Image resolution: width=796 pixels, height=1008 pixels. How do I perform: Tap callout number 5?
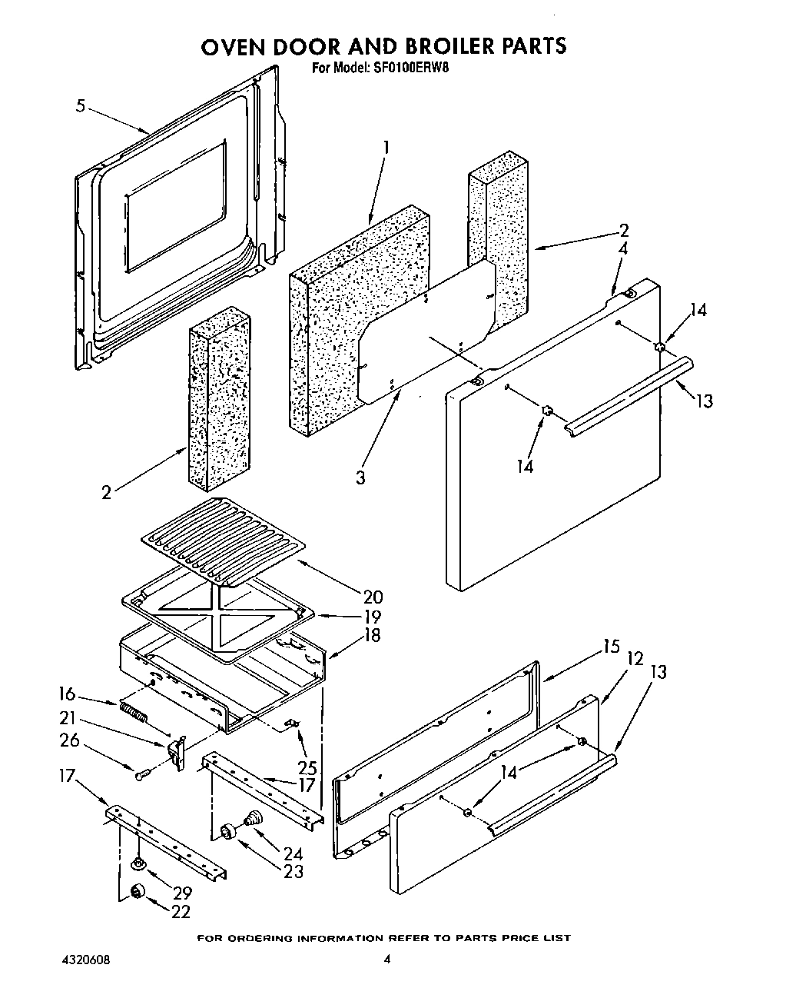pyautogui.click(x=81, y=106)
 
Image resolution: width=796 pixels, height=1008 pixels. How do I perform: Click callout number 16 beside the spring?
pyautogui.click(x=67, y=694)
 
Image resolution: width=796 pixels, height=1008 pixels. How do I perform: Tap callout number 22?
pyautogui.click(x=181, y=911)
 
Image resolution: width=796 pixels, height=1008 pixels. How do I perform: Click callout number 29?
pyautogui.click(x=182, y=893)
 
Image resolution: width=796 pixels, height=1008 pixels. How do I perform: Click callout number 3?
pyautogui.click(x=360, y=477)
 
